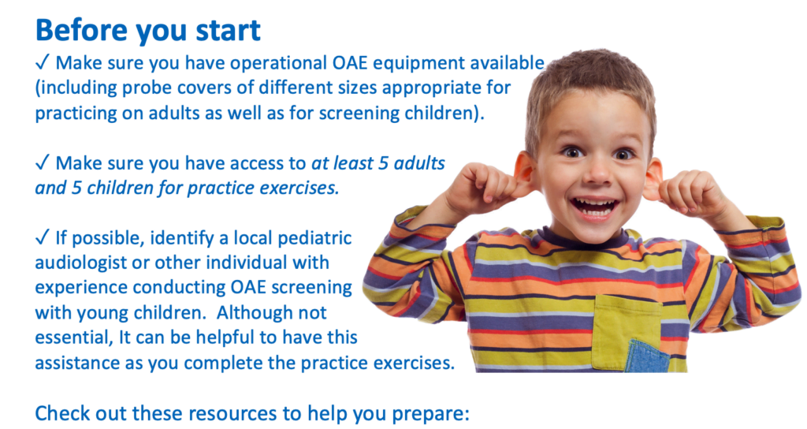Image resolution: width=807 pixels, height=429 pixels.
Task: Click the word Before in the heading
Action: pos(82,31)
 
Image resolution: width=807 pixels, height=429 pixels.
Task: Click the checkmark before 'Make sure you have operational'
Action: pos(43,63)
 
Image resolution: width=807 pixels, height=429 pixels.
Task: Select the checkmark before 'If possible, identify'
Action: pos(43,237)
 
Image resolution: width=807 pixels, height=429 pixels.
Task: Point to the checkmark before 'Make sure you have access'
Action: pos(43,162)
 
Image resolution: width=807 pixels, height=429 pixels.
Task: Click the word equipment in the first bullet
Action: pos(416,64)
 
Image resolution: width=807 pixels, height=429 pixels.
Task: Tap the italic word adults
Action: pos(419,163)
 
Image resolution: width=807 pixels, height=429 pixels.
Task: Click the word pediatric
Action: pos(314,238)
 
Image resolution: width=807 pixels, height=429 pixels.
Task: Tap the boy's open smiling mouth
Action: pos(595,207)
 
